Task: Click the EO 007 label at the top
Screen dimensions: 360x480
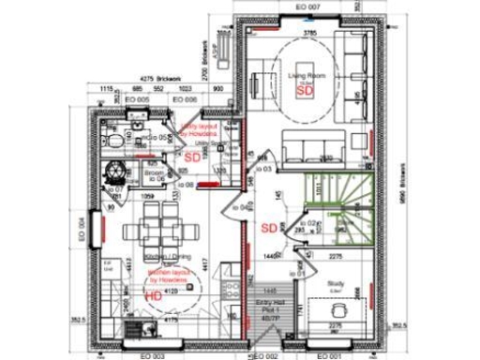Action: [308, 7]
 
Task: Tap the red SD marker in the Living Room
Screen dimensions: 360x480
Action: [303, 91]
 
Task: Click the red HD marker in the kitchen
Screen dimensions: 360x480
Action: [153, 295]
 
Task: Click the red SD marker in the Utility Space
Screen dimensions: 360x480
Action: [192, 158]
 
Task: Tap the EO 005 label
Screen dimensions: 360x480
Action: [139, 98]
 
